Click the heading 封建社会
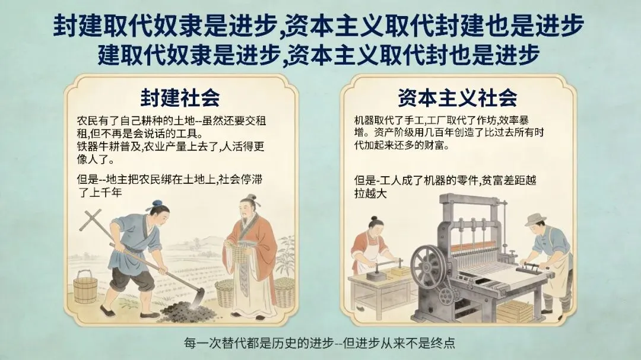(x=180, y=97)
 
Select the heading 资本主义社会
(x=458, y=97)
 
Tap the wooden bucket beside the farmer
(x=85, y=287)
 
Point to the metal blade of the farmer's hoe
(x=198, y=298)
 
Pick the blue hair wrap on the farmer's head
(x=157, y=203)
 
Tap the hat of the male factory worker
(x=536, y=219)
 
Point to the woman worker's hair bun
(x=375, y=219)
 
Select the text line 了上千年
(x=100, y=192)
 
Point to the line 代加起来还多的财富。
(x=401, y=145)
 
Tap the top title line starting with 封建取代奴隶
(x=319, y=26)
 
